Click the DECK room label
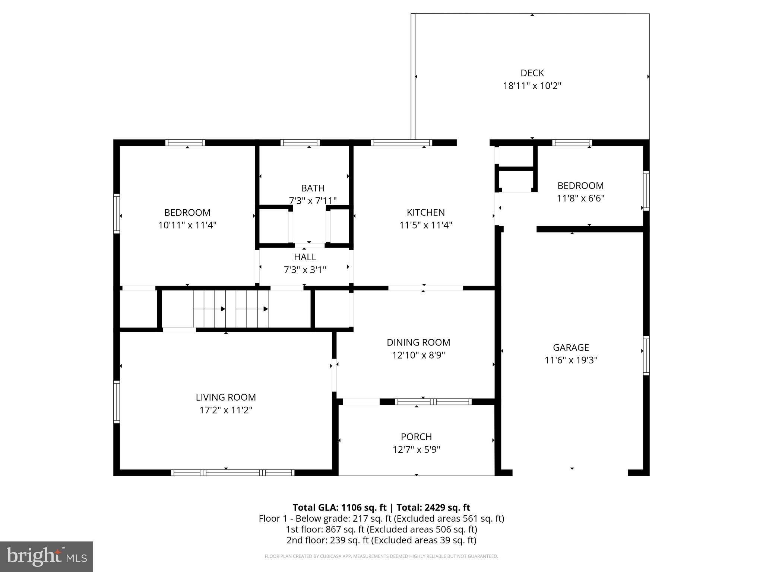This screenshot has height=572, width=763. coord(532,73)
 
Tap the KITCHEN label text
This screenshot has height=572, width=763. coord(425,212)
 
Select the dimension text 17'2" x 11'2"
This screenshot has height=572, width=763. coord(226,410)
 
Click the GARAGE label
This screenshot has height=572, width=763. coord(571,347)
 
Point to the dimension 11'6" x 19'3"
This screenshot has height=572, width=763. coord(571,360)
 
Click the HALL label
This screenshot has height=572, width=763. coord(305,257)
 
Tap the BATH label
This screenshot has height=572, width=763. coord(313,188)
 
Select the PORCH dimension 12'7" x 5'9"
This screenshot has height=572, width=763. coord(416,449)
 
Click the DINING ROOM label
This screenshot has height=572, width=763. coord(418,342)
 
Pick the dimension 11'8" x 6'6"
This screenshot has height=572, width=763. coord(580,198)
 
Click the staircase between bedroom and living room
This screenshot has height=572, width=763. coord(230,309)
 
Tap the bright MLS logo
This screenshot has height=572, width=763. coord(47,556)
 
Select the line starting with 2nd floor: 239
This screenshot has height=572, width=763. coord(381,540)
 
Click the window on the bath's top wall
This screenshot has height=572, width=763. coord(300,143)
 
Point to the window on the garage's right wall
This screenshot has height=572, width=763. coord(646,356)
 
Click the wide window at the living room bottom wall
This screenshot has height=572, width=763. coord(232,473)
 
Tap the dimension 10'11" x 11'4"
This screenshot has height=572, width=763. coord(187,225)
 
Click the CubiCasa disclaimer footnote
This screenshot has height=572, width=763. coord(381,556)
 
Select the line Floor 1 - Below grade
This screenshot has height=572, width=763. coord(381,518)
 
